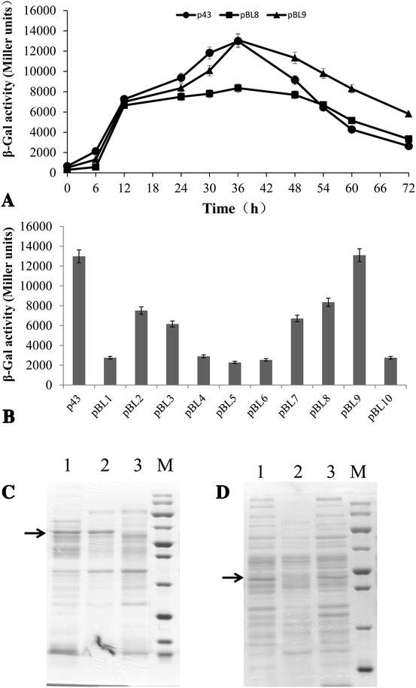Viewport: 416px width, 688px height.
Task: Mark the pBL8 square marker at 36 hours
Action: [238, 88]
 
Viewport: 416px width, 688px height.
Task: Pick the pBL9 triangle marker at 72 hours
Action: [408, 114]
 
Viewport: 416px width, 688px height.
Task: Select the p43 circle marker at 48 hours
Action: [295, 80]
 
